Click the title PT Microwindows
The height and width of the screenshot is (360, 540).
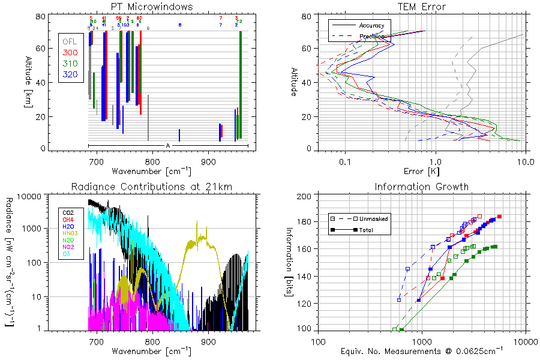tap(152, 6)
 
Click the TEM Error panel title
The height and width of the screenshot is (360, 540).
tap(422, 6)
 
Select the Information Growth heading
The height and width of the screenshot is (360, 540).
tap(422, 187)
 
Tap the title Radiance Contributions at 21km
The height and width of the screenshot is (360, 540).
tap(152, 187)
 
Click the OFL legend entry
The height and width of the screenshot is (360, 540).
tap(70, 41)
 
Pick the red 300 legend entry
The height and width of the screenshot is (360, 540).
tap(70, 53)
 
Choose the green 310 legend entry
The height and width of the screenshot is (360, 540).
tap(70, 64)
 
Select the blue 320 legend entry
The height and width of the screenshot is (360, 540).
tap(70, 74)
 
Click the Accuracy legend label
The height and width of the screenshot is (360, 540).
tap(371, 26)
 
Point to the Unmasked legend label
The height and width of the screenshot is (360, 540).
tap(376, 219)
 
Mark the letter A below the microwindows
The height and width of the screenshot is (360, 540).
tap(168, 146)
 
